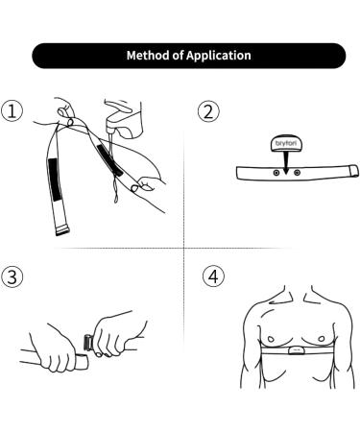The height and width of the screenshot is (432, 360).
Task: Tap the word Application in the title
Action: click(219, 56)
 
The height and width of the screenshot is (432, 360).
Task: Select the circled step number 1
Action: click(12, 111)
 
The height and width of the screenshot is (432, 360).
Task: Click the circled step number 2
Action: click(208, 111)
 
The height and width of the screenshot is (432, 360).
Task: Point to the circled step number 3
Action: click(12, 276)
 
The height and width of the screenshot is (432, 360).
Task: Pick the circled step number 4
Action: click(213, 276)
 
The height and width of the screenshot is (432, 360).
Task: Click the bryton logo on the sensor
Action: click(285, 144)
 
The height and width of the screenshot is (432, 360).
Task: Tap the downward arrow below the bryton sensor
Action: click(286, 162)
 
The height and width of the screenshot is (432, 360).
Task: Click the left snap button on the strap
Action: click(276, 173)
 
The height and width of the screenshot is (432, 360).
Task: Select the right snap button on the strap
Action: click(297, 173)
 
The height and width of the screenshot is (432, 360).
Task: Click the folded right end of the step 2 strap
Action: click(353, 171)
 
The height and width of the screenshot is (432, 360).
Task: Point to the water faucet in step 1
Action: click(123, 119)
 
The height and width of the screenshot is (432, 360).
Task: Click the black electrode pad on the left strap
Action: click(55, 180)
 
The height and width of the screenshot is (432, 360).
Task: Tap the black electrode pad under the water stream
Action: click(109, 160)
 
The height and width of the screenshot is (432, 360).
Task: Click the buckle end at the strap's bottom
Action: click(62, 230)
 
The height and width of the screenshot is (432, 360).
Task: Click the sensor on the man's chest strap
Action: click(295, 350)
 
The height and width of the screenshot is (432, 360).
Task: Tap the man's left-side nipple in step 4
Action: click(271, 339)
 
